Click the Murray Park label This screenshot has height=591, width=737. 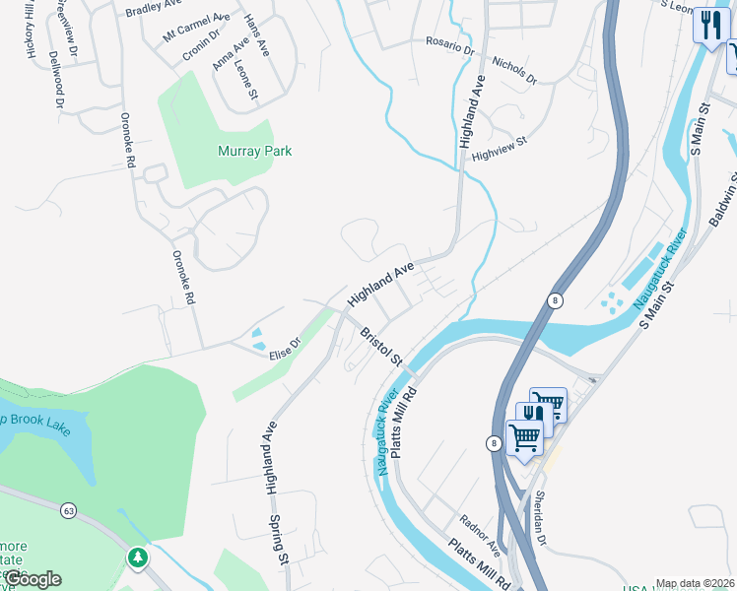(254, 152)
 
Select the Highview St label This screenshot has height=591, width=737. (500, 145)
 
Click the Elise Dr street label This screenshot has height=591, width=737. (284, 350)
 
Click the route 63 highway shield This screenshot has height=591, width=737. (68, 510)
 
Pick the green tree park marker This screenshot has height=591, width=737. (138, 558)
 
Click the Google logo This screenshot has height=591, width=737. (32, 579)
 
